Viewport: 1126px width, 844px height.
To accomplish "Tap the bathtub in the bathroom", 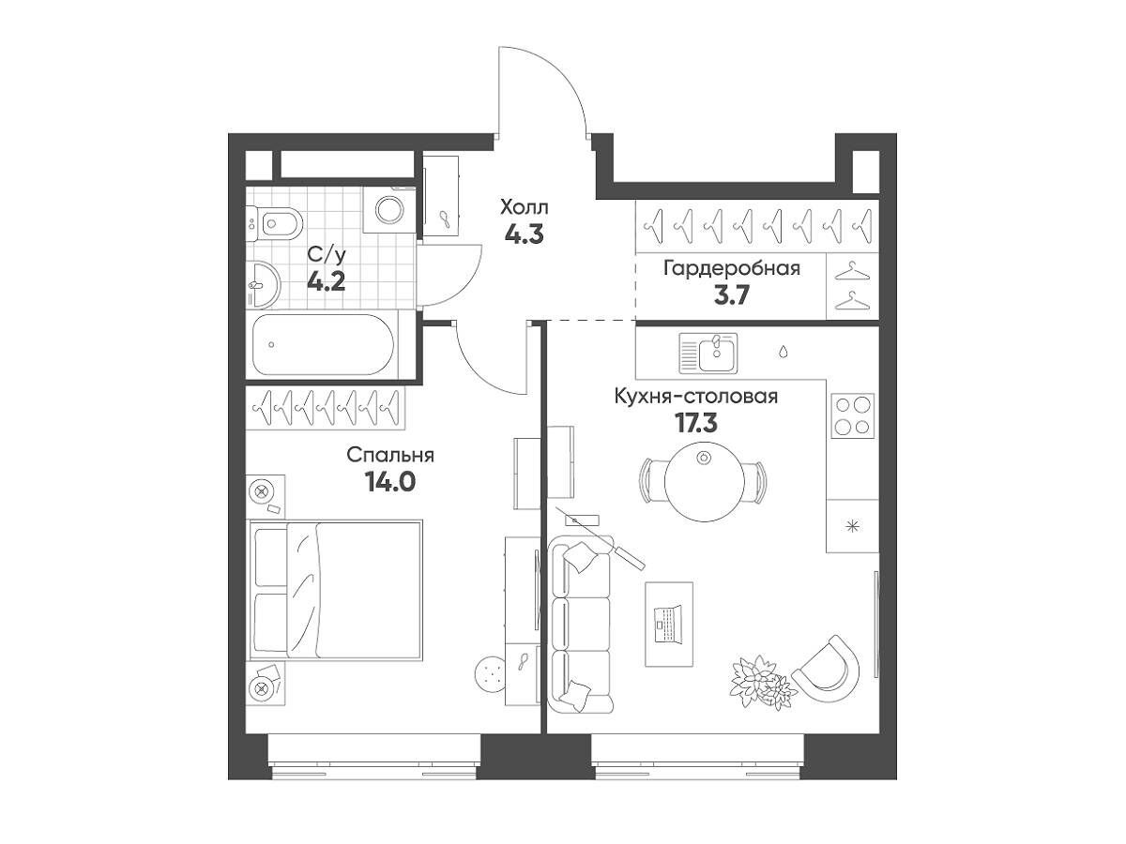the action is [x=324, y=345].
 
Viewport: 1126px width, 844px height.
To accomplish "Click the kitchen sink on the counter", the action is [x=708, y=353].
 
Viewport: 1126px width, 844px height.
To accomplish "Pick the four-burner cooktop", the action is [x=853, y=415].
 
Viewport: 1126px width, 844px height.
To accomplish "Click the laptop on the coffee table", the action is [x=668, y=624].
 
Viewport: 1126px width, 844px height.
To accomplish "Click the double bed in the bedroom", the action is [x=336, y=590].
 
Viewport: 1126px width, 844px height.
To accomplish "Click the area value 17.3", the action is [x=696, y=423].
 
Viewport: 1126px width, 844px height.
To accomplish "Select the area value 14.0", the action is [x=389, y=482].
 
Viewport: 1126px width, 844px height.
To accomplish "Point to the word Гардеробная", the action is [x=732, y=268].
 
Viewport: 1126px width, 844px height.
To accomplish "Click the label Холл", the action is [x=525, y=207].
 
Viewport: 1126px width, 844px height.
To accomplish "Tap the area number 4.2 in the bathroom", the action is [x=327, y=282].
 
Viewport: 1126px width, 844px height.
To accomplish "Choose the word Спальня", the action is [x=390, y=455].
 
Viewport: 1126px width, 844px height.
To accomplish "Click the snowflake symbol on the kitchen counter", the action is [x=853, y=526].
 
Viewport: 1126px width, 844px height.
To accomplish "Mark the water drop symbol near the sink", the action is [x=784, y=351].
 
